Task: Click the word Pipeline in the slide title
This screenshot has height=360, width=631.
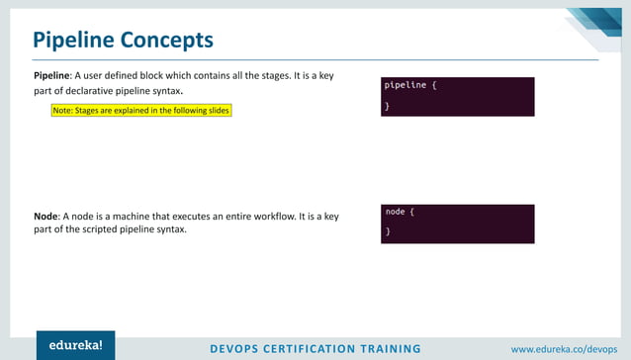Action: (73, 40)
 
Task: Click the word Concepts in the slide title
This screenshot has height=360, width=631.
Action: (166, 40)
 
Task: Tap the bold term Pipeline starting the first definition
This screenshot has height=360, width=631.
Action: (50, 75)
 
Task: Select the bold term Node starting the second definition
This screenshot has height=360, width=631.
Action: (45, 216)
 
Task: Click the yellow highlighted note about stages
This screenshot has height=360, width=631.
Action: (141, 111)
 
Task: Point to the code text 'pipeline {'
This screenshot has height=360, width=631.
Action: (409, 85)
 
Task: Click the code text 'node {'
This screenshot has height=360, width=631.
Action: (400, 212)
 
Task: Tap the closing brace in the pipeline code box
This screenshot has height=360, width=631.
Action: (388, 105)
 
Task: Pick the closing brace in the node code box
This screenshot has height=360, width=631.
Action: (388, 231)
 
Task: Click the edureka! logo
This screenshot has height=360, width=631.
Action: (75, 345)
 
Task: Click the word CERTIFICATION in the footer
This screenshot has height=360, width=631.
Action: (320, 348)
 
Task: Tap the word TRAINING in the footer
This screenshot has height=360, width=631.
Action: (395, 348)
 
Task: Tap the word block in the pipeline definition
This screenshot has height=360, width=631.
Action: (164, 75)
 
